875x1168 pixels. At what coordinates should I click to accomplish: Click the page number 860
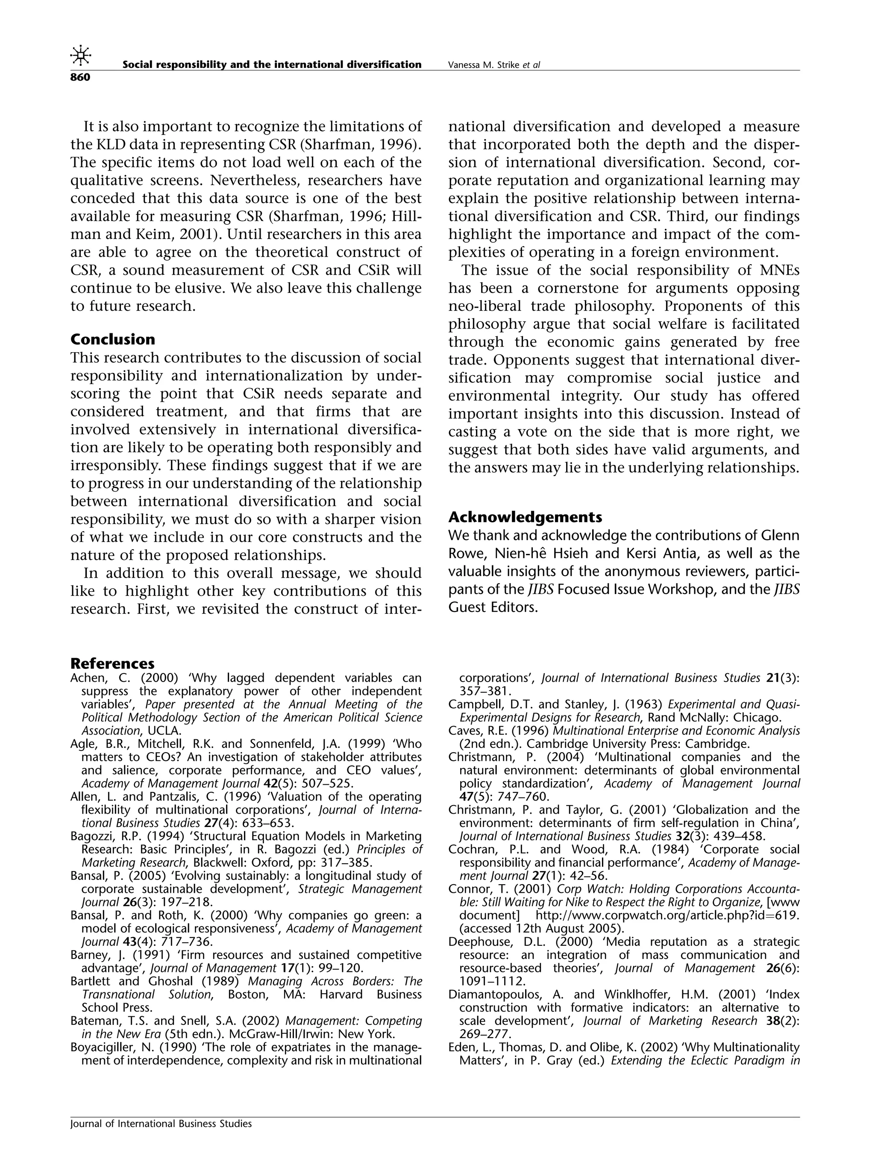[x=80, y=78]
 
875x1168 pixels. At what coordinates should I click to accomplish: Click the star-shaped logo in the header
[x=80, y=56]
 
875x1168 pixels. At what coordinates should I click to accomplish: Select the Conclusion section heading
[x=112, y=339]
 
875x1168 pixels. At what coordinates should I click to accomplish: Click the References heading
[x=112, y=663]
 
